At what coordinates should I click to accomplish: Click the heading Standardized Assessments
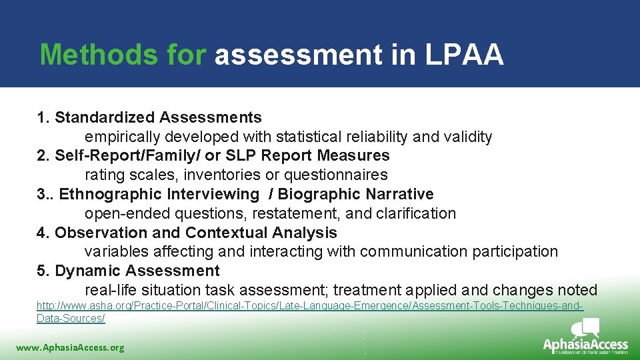click(158, 118)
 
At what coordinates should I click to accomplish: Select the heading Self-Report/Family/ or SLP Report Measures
click(222, 156)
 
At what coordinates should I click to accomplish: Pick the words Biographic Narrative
click(355, 195)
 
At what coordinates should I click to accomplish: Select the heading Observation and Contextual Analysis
click(196, 233)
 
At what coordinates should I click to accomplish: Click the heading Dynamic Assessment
click(137, 271)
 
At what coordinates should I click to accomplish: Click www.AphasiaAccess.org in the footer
click(70, 347)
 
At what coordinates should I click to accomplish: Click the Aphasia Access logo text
click(585, 345)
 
